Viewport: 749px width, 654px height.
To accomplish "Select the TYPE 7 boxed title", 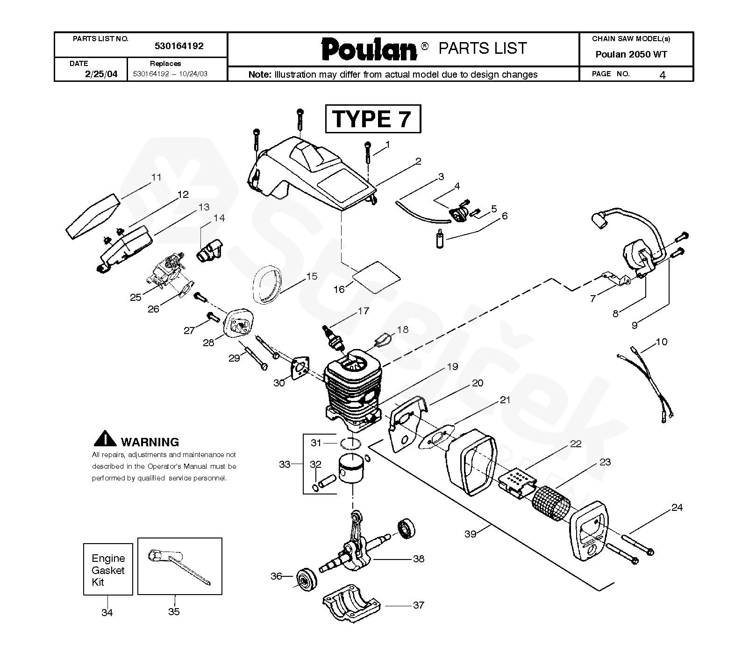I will [x=372, y=119].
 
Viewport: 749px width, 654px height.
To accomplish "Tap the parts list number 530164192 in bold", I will [x=179, y=46].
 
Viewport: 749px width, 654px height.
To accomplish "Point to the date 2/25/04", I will [x=101, y=74].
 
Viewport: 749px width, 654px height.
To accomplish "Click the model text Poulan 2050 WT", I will [x=631, y=54].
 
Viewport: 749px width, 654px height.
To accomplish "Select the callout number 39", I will [x=470, y=534].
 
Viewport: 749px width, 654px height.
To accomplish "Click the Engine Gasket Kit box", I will [x=108, y=569].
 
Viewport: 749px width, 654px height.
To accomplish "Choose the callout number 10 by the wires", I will [x=662, y=342].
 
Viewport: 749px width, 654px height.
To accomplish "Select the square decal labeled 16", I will [x=377, y=274].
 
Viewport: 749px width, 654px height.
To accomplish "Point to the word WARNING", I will [x=150, y=442].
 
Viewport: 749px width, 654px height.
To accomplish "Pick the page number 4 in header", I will [x=662, y=75].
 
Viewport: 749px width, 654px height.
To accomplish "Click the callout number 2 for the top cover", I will [x=418, y=161].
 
